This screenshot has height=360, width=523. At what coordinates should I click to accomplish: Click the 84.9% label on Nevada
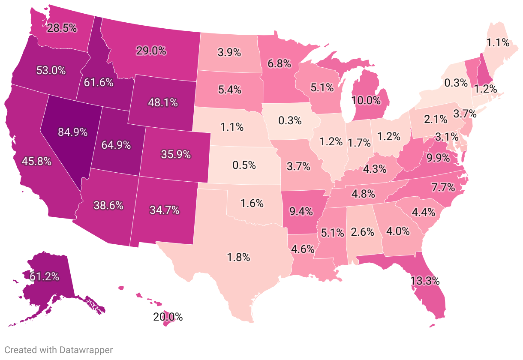73,132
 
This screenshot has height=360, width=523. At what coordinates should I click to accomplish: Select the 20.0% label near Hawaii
168,317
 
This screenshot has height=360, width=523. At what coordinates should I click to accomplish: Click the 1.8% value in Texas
238,258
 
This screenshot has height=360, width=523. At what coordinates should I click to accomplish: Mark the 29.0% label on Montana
151,51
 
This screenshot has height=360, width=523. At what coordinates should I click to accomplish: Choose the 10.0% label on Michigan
366,101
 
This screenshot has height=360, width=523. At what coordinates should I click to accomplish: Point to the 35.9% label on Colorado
176,154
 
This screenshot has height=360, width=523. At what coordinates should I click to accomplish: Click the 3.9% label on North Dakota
228,52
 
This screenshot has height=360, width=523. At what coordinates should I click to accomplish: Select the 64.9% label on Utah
116,145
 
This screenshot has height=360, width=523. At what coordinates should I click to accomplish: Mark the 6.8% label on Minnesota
279,63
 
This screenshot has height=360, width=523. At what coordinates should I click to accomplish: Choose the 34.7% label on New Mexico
164,210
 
